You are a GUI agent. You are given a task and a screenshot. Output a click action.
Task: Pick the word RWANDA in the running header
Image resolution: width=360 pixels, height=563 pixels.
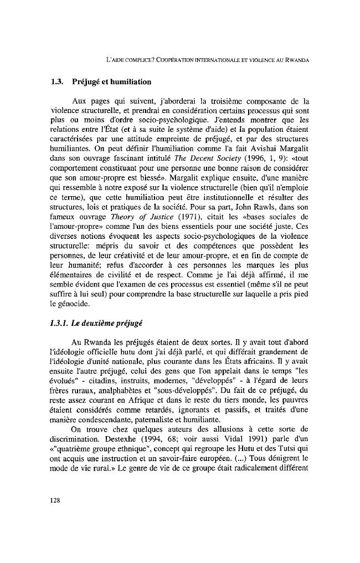295,59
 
